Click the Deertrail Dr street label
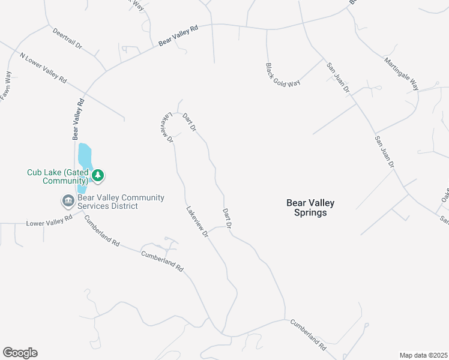point(67,37)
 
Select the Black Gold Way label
point(283,74)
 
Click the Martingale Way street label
point(402,74)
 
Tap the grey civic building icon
point(67,200)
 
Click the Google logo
point(20,352)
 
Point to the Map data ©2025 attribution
point(423,355)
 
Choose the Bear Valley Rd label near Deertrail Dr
point(178,35)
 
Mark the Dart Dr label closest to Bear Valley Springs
point(227,217)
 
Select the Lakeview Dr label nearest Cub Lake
point(166,127)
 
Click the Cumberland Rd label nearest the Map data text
point(308,334)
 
